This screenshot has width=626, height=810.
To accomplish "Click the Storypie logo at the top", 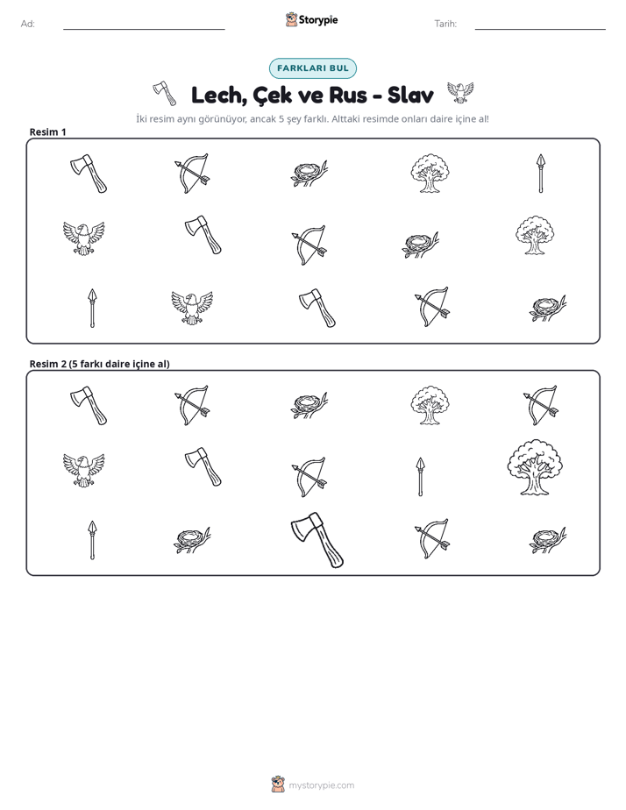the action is point(311,19).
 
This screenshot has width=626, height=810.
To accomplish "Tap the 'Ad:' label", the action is point(28,24).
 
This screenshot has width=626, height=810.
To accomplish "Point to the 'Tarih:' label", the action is point(445,24).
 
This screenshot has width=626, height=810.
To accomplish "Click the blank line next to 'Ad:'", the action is point(144,30).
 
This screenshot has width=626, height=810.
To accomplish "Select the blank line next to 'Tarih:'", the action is point(540,30).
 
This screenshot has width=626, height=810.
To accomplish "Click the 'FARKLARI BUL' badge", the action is point(313,68).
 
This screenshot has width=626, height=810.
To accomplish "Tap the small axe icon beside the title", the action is point(165,94).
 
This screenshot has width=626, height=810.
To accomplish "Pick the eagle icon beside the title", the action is point(459,92).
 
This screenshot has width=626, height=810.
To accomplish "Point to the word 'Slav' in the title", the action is point(410,95).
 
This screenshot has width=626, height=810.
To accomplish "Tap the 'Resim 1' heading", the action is point(48,131).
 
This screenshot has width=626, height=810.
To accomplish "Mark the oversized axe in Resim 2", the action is point(317,540).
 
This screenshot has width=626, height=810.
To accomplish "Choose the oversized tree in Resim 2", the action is point(535,467).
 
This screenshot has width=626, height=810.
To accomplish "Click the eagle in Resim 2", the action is point(83,470).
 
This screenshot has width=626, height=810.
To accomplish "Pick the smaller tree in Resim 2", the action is point(430,405).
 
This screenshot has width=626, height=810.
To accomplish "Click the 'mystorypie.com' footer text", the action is point(321,785).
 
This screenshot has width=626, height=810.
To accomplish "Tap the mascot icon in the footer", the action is point(278,785).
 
